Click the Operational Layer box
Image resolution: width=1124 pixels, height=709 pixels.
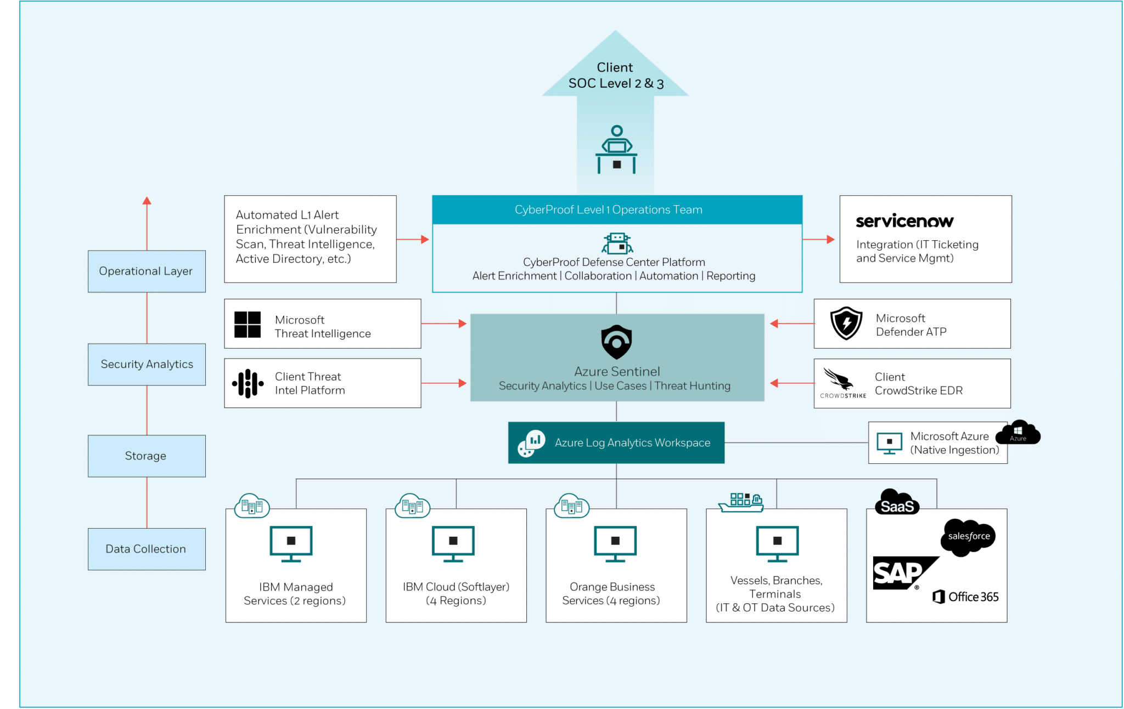pos(147,271)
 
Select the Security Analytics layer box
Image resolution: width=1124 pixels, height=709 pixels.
pos(147,365)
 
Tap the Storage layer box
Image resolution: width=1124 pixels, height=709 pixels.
pos(147,456)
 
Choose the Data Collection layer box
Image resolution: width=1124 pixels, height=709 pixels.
pos(147,549)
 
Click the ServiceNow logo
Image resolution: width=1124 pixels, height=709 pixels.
pos(904,221)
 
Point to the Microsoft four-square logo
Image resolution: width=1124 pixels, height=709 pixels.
pos(248,325)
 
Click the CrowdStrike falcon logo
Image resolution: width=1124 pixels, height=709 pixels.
pos(838,379)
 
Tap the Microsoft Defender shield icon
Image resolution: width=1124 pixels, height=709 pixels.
pos(846,324)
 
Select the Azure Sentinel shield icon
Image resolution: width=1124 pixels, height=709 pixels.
pos(616,342)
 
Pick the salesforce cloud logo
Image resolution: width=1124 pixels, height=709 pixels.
pos(969,537)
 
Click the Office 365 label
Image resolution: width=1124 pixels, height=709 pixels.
pos(966,597)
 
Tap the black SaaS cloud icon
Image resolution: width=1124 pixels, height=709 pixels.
pos(897,503)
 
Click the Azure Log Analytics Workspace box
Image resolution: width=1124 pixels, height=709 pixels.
pos(616,443)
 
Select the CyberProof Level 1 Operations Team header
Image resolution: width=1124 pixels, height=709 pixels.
pos(617,210)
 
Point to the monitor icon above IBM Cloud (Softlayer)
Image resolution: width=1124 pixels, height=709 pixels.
pos(453,544)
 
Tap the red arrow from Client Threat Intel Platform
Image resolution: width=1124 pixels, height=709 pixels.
pos(444,383)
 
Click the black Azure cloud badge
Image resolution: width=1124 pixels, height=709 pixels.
pos(1018,433)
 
